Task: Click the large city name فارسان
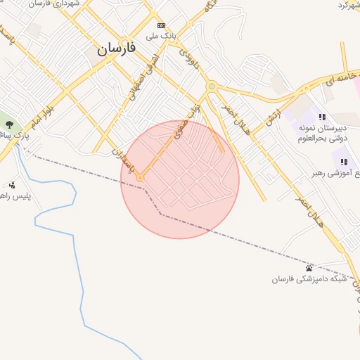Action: [117, 49]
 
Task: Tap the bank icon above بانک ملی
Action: [160, 25]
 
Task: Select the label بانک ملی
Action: [161, 34]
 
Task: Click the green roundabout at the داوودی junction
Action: [210, 86]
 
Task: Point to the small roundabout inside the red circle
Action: [140, 178]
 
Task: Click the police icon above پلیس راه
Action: [12, 186]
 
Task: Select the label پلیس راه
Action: [16, 196]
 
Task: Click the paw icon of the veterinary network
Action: [309, 268]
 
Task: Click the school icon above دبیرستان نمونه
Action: [321, 117]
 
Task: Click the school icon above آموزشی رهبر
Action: [344, 162]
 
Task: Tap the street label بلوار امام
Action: [43, 115]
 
